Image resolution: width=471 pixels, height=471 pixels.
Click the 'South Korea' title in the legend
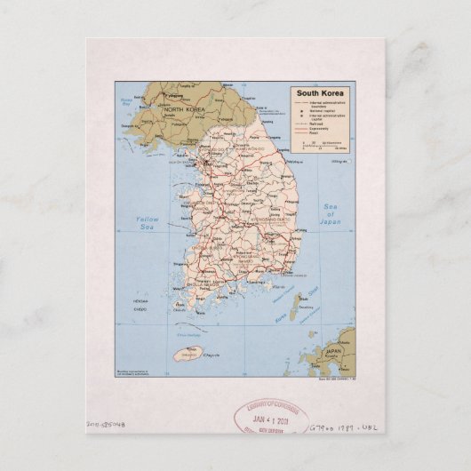point(316,92)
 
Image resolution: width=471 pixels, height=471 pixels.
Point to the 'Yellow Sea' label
point(147,223)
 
